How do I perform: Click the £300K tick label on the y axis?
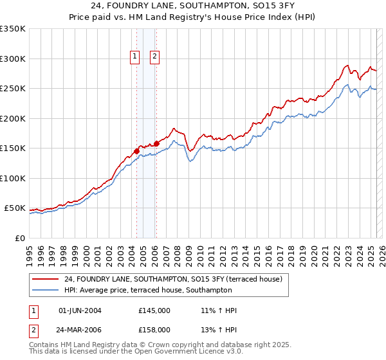[x=13, y=59]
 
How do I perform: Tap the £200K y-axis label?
[x=13, y=118]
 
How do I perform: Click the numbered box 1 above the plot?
[x=135, y=57]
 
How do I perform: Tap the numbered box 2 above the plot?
[x=155, y=57]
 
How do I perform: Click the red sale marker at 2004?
[x=136, y=151]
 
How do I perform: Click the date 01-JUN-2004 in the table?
[x=80, y=310]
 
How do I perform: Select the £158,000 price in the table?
[x=154, y=329]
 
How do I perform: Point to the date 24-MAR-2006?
[x=80, y=329]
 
